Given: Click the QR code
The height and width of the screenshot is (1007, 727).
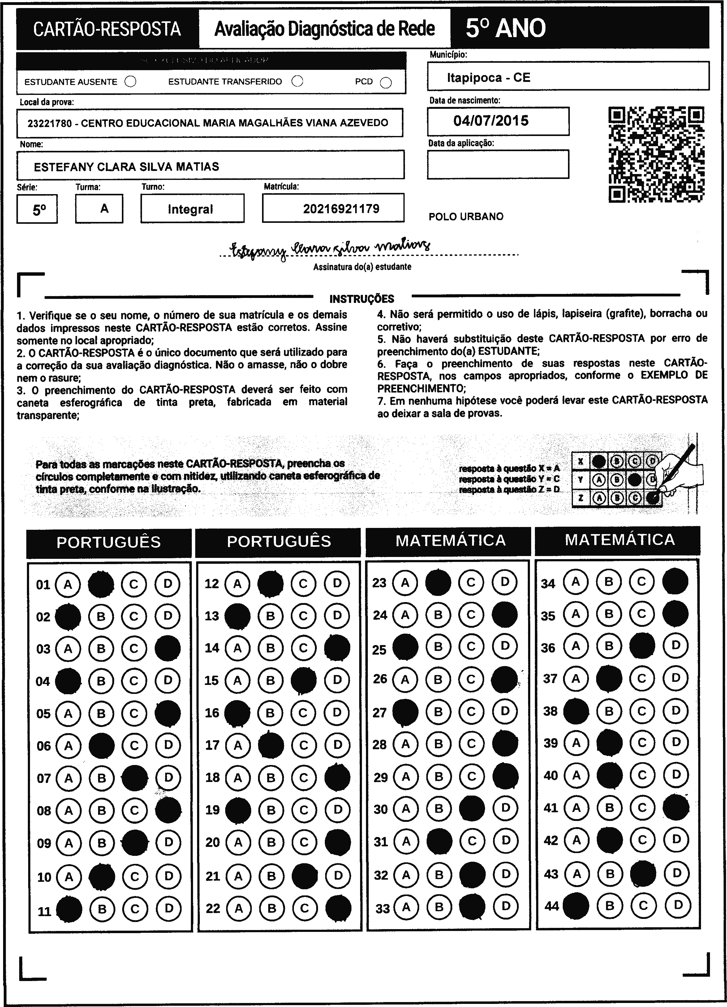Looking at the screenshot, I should pos(656,154).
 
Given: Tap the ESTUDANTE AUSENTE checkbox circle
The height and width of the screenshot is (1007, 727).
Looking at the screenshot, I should pos(131,82).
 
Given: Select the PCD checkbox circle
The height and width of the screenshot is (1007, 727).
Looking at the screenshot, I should pos(386,83).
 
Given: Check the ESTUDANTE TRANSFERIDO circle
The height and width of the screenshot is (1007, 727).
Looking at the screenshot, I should pos(297,81).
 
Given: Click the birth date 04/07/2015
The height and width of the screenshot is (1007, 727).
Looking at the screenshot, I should pos(491,121).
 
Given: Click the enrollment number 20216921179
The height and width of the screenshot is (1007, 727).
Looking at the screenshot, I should pos(341,209).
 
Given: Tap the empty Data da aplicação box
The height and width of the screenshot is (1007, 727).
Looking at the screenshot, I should pos(498,164).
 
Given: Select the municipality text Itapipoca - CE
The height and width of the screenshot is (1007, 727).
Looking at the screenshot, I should pos(488,78).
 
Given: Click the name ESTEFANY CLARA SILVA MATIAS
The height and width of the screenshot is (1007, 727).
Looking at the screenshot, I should pos(126,167).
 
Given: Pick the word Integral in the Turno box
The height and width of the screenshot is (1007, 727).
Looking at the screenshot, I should pos(190,209).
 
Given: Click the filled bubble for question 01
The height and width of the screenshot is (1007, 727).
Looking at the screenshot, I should pos(101,584).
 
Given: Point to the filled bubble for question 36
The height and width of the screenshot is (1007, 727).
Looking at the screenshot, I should pos(642,646).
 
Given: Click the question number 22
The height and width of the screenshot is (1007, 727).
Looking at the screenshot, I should pos(213,908).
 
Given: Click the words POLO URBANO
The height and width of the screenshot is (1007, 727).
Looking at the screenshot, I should pos(466,217).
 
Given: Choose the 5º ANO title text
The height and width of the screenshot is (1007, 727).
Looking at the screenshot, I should pos(505,28).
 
